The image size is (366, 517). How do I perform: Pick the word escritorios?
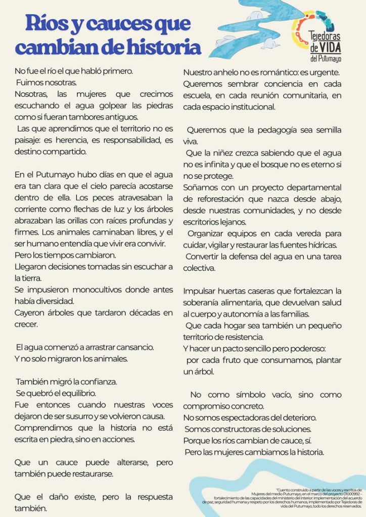pyautogui.click(x=202, y=222)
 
